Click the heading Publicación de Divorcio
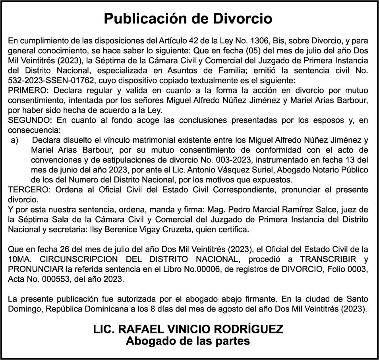(x=188, y=19)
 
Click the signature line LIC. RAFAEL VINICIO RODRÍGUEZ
(x=188, y=329)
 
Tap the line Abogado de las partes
(x=188, y=341)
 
